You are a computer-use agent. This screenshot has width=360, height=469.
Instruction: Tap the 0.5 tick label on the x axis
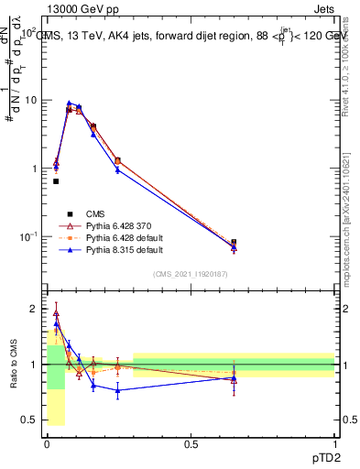point(191,443)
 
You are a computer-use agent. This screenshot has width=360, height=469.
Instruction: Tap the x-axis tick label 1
point(334,443)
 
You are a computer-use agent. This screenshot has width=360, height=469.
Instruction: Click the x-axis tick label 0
point(47,443)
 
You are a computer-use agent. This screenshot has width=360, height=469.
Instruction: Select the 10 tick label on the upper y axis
point(29,100)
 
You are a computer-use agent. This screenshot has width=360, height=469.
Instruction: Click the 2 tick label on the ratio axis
point(34,309)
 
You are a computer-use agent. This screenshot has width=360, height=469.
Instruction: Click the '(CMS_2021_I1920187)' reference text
point(191,274)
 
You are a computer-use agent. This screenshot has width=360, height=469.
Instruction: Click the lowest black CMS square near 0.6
point(56,181)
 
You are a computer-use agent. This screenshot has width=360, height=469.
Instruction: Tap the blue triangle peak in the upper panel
point(70,104)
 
